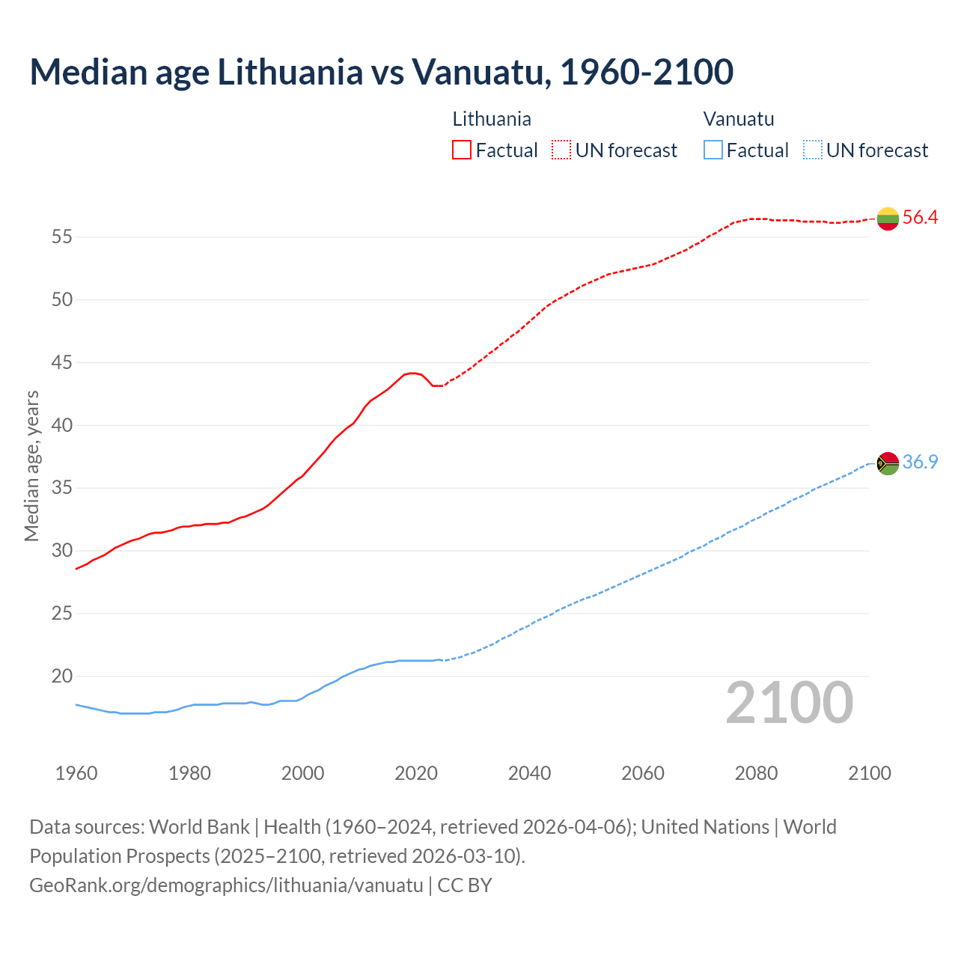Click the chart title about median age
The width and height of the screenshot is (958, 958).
tap(381, 72)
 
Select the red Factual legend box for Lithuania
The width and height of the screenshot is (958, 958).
tap(462, 150)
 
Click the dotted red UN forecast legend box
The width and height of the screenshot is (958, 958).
tap(561, 150)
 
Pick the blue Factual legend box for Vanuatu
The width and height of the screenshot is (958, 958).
tap(713, 150)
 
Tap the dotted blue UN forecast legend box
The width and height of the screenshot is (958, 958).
tap(813, 150)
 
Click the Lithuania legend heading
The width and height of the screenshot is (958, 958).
tap(492, 119)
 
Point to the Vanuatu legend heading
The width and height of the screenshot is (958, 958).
tap(739, 119)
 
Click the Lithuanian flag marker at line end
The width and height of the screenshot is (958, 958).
tap(888, 219)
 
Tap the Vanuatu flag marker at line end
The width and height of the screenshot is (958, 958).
tap(888, 463)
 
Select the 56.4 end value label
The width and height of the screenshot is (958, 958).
tap(920, 218)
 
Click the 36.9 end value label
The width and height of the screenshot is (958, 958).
tap(920, 463)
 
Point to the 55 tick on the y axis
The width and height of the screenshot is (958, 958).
tap(61, 237)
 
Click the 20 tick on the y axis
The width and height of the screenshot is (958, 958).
tap(61, 677)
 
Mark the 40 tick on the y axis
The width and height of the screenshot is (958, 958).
tap(61, 426)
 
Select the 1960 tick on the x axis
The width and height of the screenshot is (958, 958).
tap(76, 773)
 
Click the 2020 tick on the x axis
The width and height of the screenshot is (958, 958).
tap(416, 773)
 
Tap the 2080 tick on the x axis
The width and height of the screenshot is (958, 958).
tap(756, 773)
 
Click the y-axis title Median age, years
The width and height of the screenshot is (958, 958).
tap(31, 466)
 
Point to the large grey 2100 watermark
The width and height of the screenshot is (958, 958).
tap(790, 703)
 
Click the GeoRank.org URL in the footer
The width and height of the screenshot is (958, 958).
tap(226, 885)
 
